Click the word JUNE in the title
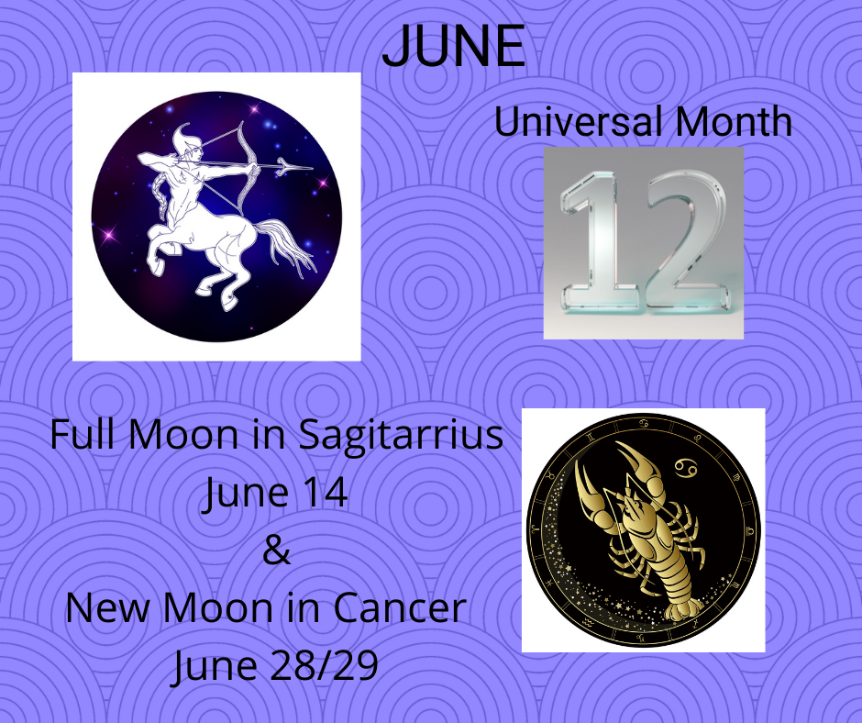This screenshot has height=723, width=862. pyautogui.click(x=454, y=46)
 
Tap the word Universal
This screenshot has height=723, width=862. pyautogui.click(x=580, y=122)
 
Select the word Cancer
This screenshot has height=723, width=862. pyautogui.click(x=400, y=608)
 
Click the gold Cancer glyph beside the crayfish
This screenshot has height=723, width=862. pyautogui.click(x=686, y=468)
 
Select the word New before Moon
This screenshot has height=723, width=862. pyautogui.click(x=107, y=608)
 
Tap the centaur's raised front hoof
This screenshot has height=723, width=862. pyautogui.click(x=156, y=267)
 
